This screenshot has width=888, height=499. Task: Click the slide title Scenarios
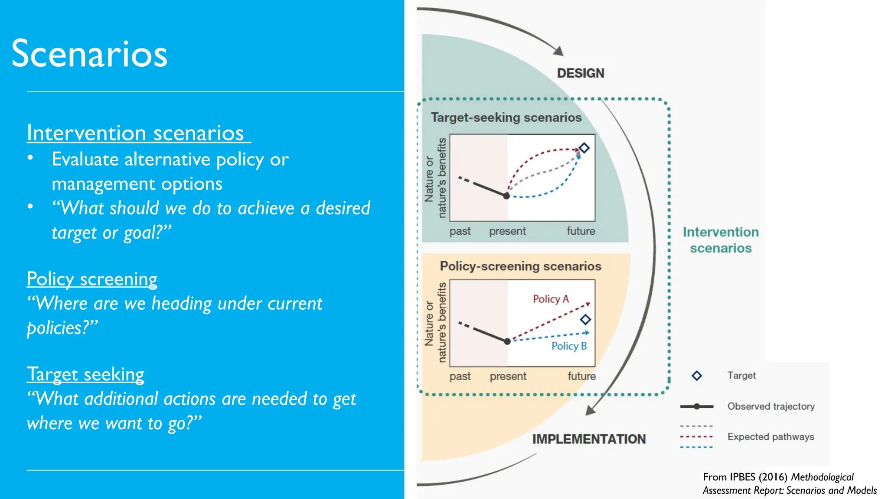(x=89, y=54)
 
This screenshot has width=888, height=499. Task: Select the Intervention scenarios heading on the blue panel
(x=135, y=133)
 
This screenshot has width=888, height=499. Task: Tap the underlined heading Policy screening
(x=92, y=279)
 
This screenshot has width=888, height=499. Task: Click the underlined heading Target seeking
(x=85, y=374)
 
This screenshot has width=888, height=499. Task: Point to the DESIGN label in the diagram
(x=580, y=73)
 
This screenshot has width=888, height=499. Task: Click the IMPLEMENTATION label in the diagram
(x=589, y=439)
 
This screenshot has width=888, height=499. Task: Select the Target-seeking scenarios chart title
(x=506, y=118)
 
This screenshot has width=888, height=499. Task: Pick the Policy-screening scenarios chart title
(x=520, y=266)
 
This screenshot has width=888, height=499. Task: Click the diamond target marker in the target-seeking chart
(x=584, y=148)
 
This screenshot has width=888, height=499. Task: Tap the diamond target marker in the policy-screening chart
(x=585, y=320)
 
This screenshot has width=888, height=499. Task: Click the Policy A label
(x=551, y=299)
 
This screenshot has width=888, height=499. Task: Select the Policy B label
(x=569, y=346)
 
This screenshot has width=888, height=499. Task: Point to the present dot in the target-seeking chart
(x=506, y=196)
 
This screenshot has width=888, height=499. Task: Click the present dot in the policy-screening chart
(x=507, y=341)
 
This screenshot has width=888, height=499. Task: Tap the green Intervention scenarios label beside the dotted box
(x=721, y=240)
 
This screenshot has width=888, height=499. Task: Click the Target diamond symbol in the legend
(x=697, y=376)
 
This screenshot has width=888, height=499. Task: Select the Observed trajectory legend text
(x=771, y=406)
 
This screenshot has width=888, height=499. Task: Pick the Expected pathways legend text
(x=770, y=437)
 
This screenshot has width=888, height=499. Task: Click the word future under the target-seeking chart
(x=581, y=231)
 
